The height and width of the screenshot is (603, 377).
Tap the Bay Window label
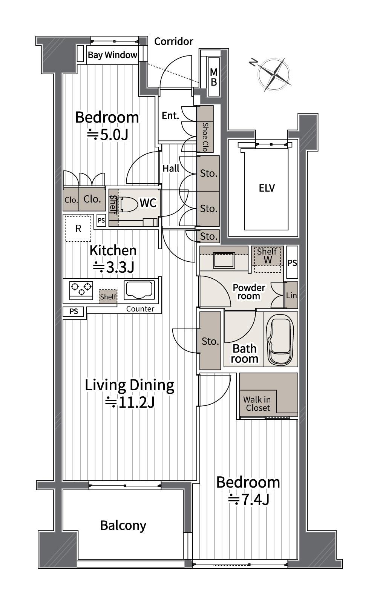(112, 55)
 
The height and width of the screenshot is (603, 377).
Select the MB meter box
(214, 77)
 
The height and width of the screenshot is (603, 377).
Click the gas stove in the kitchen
(81, 290)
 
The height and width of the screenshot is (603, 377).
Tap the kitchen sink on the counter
(139, 290)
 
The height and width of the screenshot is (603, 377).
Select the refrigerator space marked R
(78, 229)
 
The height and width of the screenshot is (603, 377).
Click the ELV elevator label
(267, 188)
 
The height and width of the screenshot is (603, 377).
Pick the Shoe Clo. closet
(205, 129)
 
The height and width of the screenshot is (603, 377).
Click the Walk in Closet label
(257, 404)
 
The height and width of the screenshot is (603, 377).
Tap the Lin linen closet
(291, 295)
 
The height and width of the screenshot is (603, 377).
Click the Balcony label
(123, 525)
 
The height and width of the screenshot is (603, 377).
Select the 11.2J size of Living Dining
(130, 402)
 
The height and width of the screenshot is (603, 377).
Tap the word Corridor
(173, 41)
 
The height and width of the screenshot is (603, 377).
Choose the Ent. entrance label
(170, 116)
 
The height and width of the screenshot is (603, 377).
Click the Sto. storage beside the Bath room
(210, 341)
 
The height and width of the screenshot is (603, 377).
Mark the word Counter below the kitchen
(140, 309)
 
